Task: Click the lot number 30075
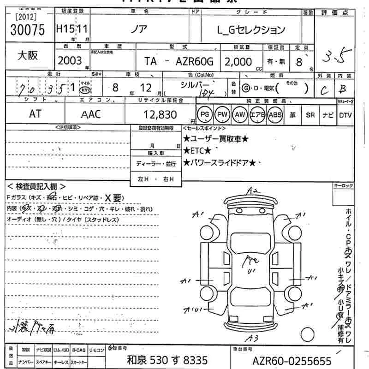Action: (x=27, y=30)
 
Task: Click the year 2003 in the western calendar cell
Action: (x=70, y=61)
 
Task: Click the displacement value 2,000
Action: (x=238, y=62)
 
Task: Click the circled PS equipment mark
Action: (x=204, y=114)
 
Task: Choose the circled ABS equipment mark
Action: (x=275, y=114)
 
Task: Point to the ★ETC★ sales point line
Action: (x=197, y=150)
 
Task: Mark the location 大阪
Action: (x=28, y=55)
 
